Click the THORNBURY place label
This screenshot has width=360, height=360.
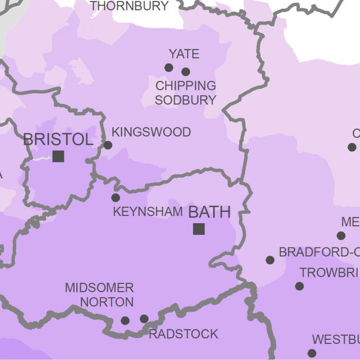(x=129, y=6)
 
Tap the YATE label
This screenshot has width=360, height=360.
(x=184, y=54)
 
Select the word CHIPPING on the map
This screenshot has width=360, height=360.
(x=186, y=86)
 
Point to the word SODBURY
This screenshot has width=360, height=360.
(x=186, y=100)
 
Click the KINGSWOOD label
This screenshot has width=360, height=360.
(x=151, y=132)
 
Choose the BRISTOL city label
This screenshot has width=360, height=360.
(x=58, y=139)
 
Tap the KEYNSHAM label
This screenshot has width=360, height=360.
(x=148, y=211)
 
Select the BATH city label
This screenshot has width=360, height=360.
(x=209, y=212)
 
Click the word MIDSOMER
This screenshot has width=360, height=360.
(x=99, y=287)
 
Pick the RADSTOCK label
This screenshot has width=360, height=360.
(x=183, y=334)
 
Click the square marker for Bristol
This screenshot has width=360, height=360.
(x=58, y=156)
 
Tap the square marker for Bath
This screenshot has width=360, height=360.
(x=199, y=229)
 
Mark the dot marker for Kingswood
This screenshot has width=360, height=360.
(x=108, y=145)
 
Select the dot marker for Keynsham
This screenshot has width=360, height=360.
(x=116, y=197)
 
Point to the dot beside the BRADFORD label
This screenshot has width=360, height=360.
(x=270, y=260)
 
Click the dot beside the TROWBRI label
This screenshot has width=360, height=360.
(x=299, y=286)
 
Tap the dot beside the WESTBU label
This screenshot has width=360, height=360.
(x=312, y=353)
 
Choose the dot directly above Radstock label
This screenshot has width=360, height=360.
(x=144, y=319)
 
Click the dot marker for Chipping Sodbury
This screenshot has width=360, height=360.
(x=186, y=71)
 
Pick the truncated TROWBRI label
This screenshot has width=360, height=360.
(x=329, y=273)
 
